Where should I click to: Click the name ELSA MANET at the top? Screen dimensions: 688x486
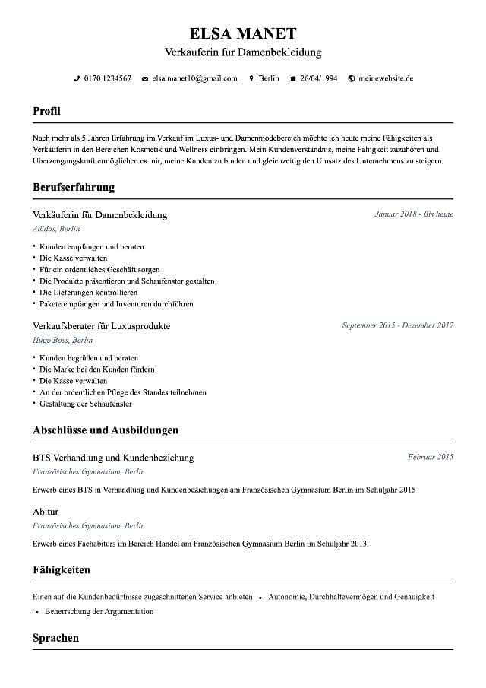(243, 33)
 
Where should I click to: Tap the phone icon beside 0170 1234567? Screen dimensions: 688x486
(76, 78)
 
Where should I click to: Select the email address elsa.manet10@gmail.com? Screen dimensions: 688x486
(194, 78)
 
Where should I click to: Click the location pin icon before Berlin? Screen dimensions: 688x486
(251, 78)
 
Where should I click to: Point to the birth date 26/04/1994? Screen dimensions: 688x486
(318, 78)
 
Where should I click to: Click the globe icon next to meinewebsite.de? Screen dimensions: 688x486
(351, 78)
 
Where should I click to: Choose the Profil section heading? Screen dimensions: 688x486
(46, 111)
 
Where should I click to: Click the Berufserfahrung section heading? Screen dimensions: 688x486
(74, 187)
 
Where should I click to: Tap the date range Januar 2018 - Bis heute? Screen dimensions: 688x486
(414, 214)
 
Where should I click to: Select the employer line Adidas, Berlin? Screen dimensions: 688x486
(56, 229)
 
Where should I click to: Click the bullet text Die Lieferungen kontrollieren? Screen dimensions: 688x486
(88, 292)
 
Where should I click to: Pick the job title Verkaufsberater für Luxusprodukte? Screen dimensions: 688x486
(102, 326)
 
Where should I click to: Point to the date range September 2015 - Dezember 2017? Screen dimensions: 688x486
(397, 325)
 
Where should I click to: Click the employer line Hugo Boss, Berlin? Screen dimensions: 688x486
(62, 341)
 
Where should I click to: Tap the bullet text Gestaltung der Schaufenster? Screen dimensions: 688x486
(86, 404)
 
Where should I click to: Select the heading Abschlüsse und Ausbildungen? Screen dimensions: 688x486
(106, 430)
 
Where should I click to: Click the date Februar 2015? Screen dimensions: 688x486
(430, 457)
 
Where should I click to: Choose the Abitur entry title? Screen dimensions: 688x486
(46, 512)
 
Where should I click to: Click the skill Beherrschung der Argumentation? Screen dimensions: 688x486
(99, 611)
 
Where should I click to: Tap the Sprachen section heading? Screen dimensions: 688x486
(55, 638)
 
